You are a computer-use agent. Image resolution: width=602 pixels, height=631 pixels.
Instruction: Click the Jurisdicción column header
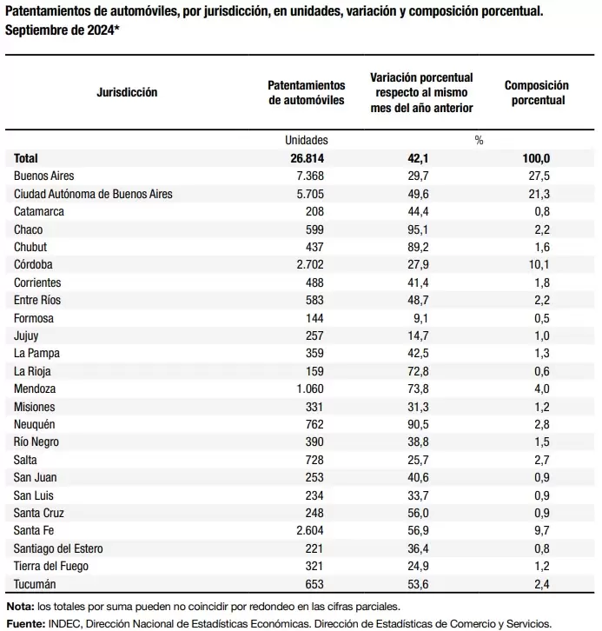tap(127, 92)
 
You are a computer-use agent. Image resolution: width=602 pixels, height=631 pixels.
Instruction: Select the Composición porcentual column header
tap(537, 92)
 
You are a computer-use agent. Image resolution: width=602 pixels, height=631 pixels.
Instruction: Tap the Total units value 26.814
tap(308, 158)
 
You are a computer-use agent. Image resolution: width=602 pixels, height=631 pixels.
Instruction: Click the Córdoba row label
tap(33, 264)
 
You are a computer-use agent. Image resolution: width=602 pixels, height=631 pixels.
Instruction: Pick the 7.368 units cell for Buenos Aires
tap(310, 176)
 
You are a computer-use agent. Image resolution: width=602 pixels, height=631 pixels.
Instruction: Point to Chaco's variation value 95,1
tap(418, 229)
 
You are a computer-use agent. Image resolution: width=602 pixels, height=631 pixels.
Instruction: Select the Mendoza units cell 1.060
tap(310, 389)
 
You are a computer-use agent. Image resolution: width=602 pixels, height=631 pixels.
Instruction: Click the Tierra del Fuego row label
tap(51, 566)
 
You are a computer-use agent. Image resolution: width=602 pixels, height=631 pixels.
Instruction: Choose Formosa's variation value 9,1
tap(420, 318)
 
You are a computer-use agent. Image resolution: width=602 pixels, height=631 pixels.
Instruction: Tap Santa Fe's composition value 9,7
tap(542, 530)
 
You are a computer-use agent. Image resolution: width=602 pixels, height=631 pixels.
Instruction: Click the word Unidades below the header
tap(307, 140)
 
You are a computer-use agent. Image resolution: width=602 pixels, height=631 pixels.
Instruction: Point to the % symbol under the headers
tap(479, 140)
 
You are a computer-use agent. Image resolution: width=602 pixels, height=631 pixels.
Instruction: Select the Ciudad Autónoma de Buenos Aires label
tap(93, 194)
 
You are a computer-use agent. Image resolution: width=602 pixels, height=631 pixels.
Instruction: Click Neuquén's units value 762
tap(314, 424)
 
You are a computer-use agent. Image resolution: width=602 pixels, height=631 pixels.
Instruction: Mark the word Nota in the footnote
tap(20, 607)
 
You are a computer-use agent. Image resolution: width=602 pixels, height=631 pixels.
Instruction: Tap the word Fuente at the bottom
tap(26, 624)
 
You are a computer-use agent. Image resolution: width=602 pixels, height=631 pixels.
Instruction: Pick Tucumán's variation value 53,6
tap(418, 584)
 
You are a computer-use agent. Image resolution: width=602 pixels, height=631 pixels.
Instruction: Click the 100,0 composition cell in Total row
tap(536, 158)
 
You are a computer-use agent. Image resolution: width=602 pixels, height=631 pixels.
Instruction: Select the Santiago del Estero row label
tap(58, 548)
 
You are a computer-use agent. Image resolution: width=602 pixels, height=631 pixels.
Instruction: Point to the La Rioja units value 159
tap(314, 371)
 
